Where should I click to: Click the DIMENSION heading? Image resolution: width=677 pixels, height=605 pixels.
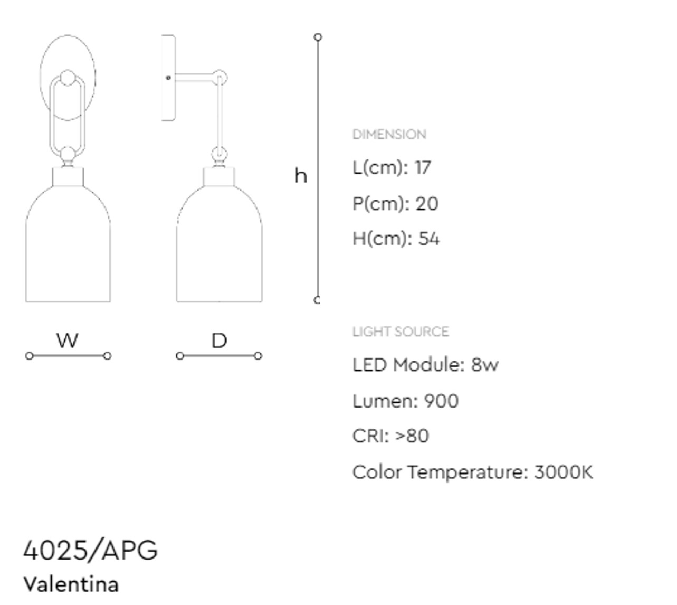(389, 135)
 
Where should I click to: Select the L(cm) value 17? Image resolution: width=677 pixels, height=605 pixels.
(423, 167)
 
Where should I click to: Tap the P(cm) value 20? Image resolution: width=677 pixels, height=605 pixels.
(427, 204)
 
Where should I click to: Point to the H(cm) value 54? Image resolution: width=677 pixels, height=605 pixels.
(428, 239)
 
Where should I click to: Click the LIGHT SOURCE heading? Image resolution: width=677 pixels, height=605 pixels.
(401, 332)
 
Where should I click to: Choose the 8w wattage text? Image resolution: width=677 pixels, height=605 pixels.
(485, 365)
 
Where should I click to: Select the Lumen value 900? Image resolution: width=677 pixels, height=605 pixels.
(441, 401)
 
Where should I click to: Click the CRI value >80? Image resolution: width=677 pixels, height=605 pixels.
(412, 436)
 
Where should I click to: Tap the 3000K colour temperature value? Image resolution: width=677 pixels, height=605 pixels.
(564, 472)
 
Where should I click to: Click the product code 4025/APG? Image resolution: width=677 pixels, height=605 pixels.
(90, 551)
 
